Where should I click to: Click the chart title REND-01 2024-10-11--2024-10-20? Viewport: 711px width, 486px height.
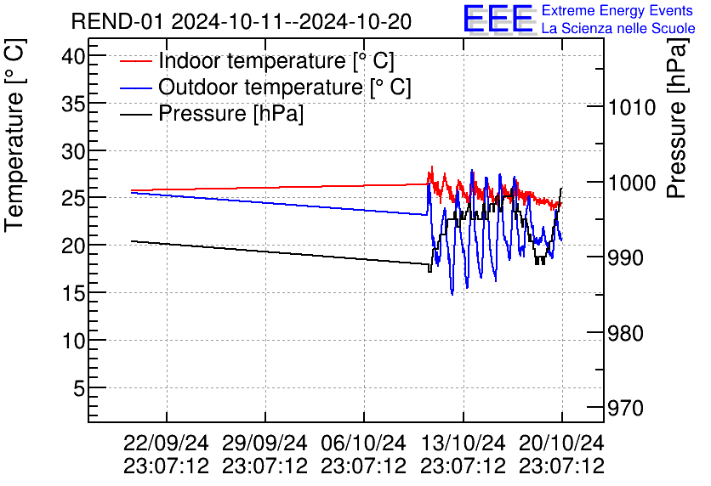pyautogui.click(x=242, y=21)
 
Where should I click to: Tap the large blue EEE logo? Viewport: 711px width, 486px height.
pyautogui.click(x=498, y=19)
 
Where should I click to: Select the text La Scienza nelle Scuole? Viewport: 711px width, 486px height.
pyautogui.click(x=618, y=28)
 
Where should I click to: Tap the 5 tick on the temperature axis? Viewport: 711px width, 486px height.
pyautogui.click(x=78, y=388)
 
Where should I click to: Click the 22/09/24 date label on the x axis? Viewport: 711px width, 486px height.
pyautogui.click(x=166, y=444)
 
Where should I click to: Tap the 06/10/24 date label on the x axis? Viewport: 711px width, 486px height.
pyautogui.click(x=364, y=444)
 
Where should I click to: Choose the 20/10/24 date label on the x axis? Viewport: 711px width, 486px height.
pyautogui.click(x=562, y=444)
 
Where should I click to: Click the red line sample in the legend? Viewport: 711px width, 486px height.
pyautogui.click(x=135, y=62)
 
